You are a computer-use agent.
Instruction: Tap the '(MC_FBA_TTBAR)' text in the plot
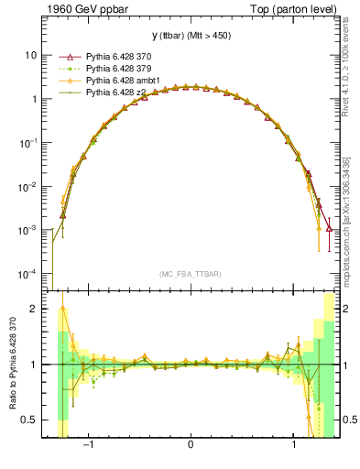[190, 274]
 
